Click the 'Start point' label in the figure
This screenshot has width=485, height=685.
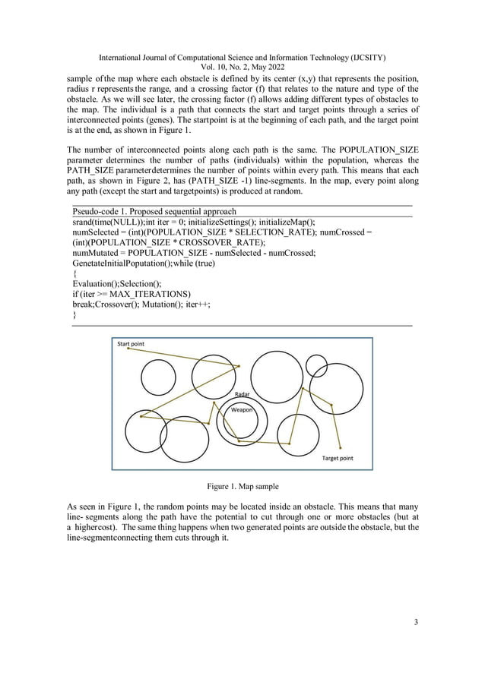pyautogui.click(x=130, y=344)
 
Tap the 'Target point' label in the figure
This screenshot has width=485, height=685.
pyautogui.click(x=337, y=459)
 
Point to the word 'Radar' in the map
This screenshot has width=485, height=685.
pyautogui.click(x=242, y=395)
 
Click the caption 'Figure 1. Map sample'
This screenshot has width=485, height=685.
pyautogui.click(x=242, y=485)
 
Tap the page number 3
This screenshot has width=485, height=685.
pyautogui.click(x=416, y=623)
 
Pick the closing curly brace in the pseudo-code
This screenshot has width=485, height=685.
pyautogui.click(x=74, y=314)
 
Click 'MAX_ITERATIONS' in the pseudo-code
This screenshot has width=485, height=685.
pyautogui.click(x=151, y=293)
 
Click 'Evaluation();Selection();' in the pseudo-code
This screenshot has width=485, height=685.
pyautogui.click(x=116, y=283)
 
